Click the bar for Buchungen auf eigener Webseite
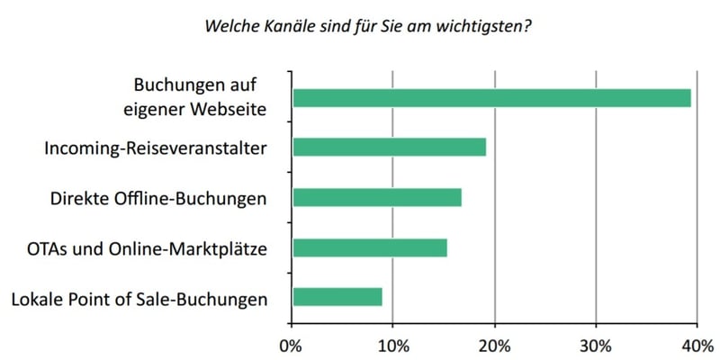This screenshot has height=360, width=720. pyautogui.click(x=491, y=98)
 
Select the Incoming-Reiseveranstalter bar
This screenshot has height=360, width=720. pyautogui.click(x=389, y=148)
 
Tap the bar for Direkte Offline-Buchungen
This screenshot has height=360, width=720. pyautogui.click(x=377, y=197)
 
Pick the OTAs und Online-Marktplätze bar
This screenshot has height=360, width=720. pyautogui.click(x=370, y=247)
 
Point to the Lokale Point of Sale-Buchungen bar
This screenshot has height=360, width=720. pyautogui.click(x=337, y=296)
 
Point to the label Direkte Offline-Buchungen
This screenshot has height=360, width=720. pyautogui.click(x=158, y=197)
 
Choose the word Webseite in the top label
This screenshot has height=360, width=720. pyautogui.click(x=230, y=111)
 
